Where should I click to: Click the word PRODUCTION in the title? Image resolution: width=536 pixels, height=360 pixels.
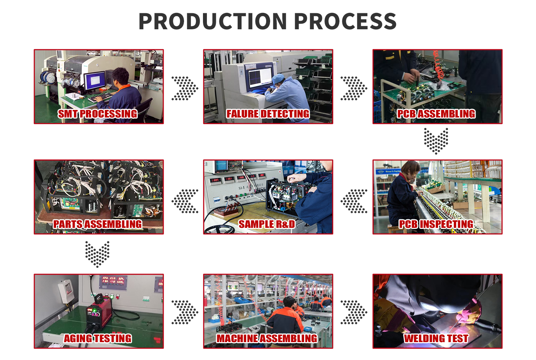[x=213, y=21]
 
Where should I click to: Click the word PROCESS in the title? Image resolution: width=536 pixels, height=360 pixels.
[x=345, y=21]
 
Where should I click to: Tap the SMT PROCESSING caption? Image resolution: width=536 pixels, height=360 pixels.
[x=98, y=114]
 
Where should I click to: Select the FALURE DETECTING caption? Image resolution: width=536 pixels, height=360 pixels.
[x=268, y=114]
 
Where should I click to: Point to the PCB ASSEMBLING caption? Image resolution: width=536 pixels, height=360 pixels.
[x=436, y=114]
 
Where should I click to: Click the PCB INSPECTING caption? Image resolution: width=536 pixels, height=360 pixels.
[x=436, y=224]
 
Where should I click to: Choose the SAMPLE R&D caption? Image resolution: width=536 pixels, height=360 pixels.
[x=267, y=224]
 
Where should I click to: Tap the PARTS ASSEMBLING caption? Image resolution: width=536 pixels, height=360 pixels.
[x=98, y=224]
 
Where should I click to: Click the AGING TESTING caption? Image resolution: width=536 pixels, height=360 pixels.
[x=98, y=339]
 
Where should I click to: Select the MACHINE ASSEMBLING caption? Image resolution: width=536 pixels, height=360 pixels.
[x=267, y=339]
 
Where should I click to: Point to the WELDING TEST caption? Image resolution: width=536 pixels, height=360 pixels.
[x=436, y=339]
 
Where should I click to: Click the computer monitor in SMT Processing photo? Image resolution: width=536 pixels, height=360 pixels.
[x=95, y=81]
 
